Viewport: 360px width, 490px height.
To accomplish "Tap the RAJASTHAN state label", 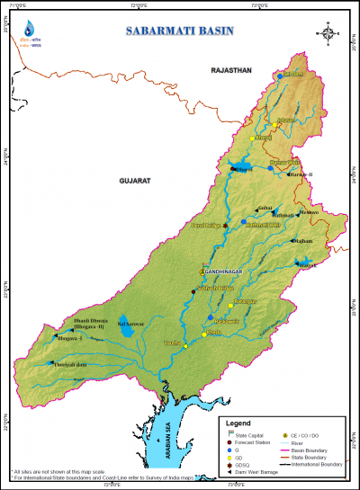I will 230,69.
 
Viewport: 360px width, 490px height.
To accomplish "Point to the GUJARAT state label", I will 133,181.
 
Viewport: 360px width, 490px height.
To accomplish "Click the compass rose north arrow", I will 329,37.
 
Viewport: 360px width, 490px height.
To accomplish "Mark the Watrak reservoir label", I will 309,265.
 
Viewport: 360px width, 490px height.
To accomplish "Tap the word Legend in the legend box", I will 238,423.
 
